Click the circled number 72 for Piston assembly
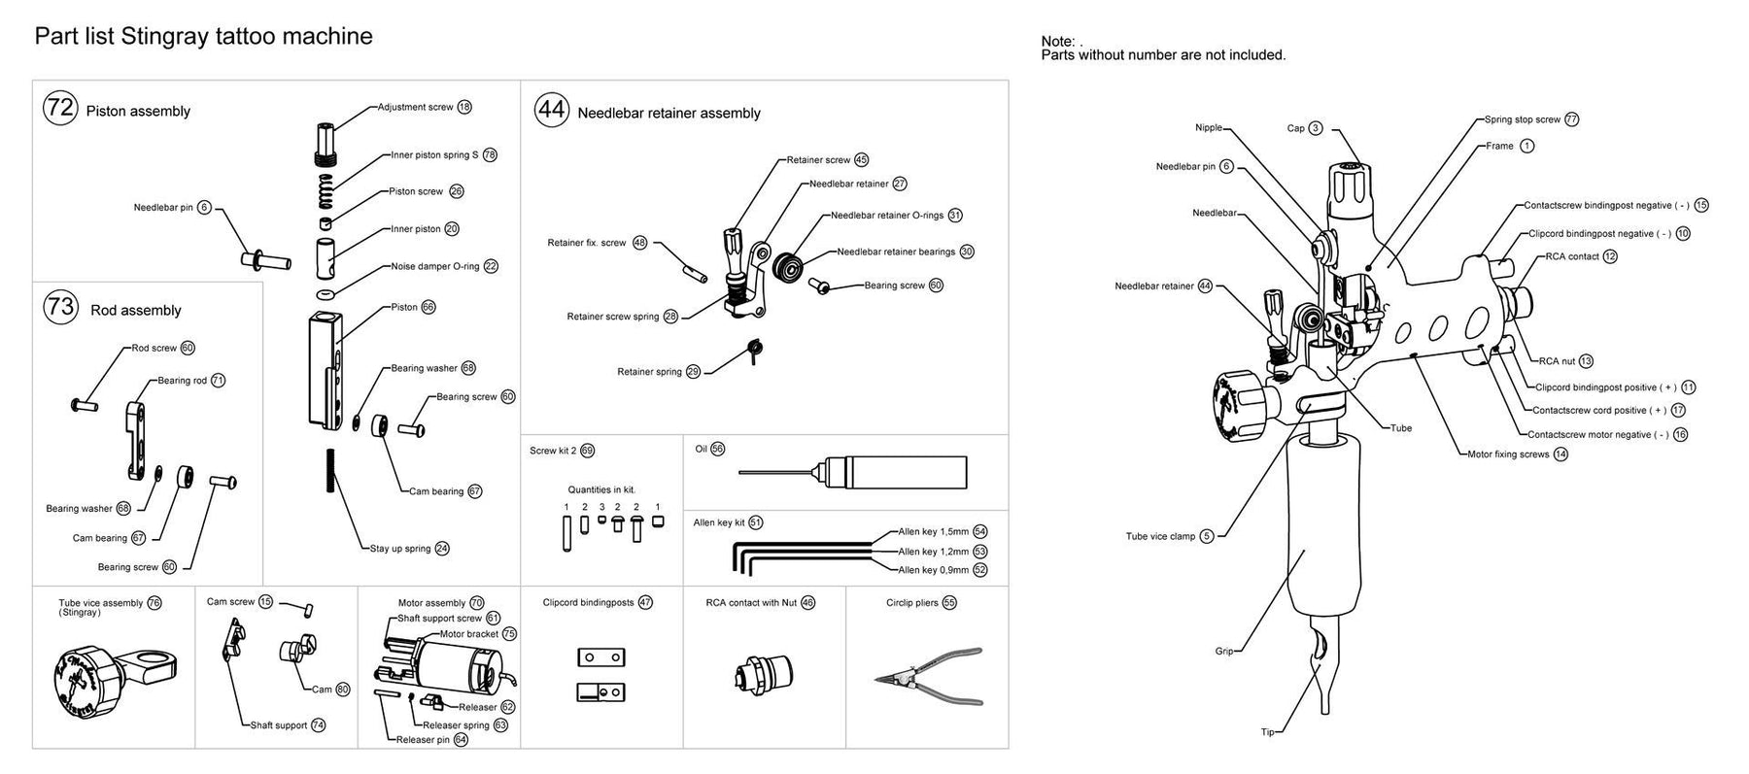(x=60, y=107)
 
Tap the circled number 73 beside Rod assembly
(x=60, y=307)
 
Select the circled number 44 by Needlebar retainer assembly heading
(x=552, y=110)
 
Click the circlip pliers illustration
(x=928, y=677)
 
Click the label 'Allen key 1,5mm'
(x=933, y=532)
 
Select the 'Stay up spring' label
(x=400, y=549)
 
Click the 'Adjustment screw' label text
(x=415, y=107)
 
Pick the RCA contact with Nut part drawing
(x=764, y=672)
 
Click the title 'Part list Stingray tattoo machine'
(x=203, y=37)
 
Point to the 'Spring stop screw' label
(x=1522, y=119)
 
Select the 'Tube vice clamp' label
(x=1160, y=536)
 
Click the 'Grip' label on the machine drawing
(x=1223, y=652)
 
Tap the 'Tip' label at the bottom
(x=1267, y=732)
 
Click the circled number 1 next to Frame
(x=1526, y=146)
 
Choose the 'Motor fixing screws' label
(x=1508, y=454)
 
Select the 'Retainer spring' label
(x=649, y=372)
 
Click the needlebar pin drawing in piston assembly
(x=265, y=259)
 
